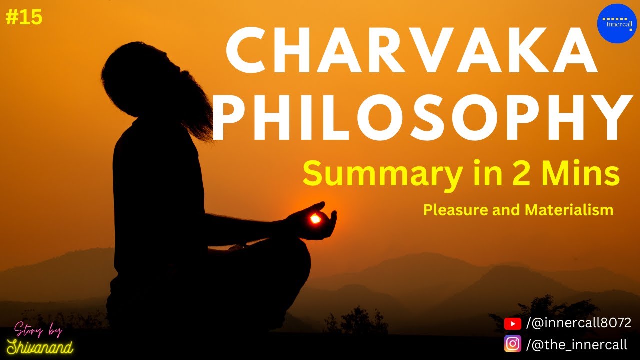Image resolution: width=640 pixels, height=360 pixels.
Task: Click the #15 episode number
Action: pyautogui.click(x=24, y=18)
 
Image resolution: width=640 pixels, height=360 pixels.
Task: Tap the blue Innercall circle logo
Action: pyautogui.click(x=617, y=23)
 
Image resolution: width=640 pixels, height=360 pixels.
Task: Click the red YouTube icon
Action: pyautogui.click(x=513, y=324)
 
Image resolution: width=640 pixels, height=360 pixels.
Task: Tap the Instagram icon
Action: pyautogui.click(x=513, y=344)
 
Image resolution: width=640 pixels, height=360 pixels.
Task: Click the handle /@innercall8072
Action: pyautogui.click(x=579, y=323)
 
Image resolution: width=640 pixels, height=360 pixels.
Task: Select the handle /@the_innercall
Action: pyautogui.click(x=576, y=344)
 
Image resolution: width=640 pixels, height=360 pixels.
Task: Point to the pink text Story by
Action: pyautogui.click(x=38, y=330)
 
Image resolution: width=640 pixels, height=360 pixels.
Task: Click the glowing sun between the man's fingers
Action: pyautogui.click(x=315, y=219)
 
